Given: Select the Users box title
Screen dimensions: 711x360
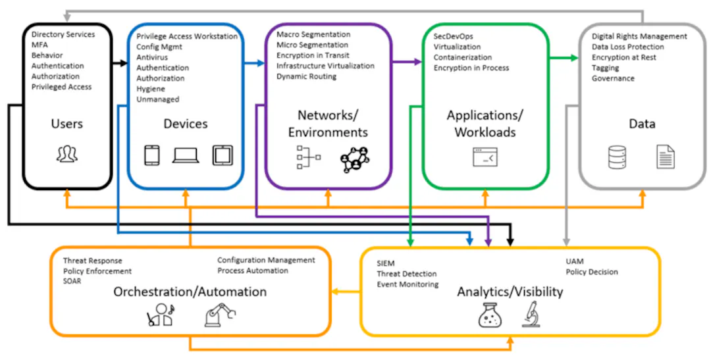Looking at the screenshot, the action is [x=67, y=124].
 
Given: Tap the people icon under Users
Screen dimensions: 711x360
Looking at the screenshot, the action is [x=67, y=155].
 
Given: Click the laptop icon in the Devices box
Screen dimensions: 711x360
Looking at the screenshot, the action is [x=186, y=155].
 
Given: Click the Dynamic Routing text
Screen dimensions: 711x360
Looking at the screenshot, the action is [x=307, y=76].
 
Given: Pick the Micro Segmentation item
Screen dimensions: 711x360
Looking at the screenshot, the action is [x=313, y=45].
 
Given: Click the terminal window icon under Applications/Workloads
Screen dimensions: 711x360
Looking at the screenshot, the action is [x=485, y=157].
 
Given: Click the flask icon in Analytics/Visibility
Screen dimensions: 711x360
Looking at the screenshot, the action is [x=490, y=315].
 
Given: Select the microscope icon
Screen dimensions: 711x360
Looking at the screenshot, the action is [x=531, y=315].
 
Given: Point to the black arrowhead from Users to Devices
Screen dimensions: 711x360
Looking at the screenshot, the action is [x=124, y=63].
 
